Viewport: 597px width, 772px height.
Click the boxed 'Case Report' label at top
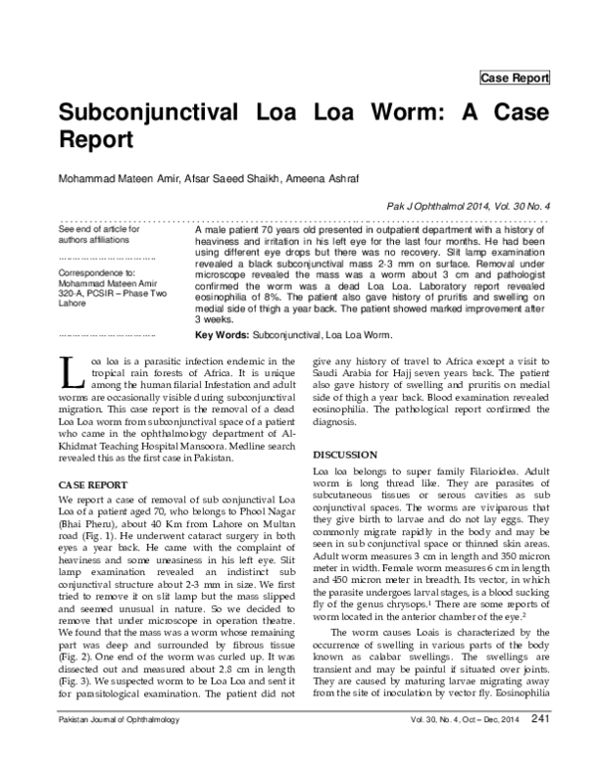(513, 78)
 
